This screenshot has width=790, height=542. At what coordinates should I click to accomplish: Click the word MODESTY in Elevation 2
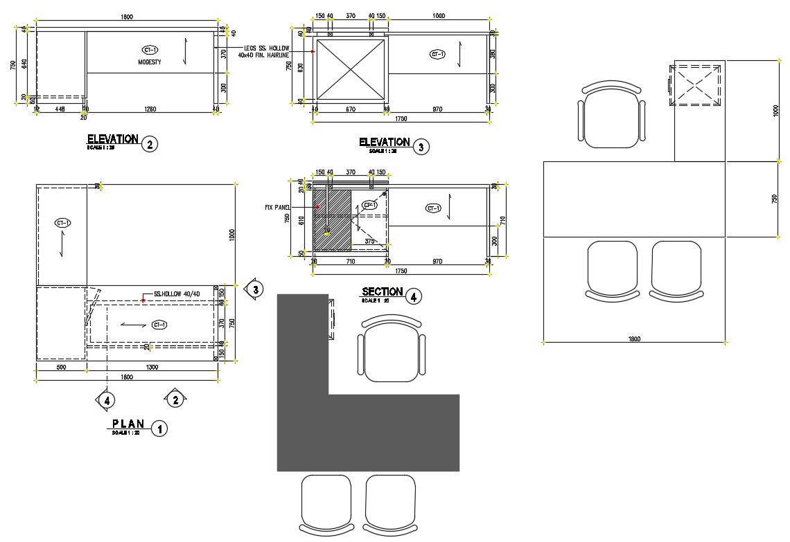150,62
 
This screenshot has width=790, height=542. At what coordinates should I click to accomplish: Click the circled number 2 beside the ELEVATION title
149,145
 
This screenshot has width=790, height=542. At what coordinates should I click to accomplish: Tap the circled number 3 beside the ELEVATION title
420,146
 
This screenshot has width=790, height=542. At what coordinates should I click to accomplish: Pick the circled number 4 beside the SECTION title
413,297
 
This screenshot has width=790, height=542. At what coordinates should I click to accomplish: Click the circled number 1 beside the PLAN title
159,428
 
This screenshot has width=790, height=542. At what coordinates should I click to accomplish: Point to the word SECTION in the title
382,292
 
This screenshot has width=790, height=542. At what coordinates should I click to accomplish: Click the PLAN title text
129,423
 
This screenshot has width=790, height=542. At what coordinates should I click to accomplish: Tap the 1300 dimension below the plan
152,368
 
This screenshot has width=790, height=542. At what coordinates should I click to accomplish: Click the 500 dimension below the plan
61,368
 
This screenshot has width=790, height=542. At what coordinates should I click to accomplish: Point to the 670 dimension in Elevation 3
351,109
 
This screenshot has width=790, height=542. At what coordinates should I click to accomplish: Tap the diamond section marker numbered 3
255,289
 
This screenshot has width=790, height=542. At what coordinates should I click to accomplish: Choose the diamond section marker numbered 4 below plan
106,399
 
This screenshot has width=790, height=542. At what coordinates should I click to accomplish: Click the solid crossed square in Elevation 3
351,69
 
